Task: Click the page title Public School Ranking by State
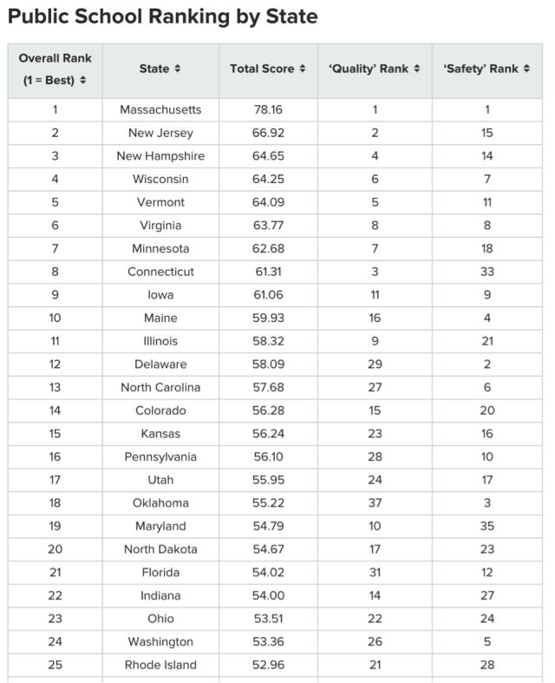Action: tap(162, 16)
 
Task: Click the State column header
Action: tap(160, 69)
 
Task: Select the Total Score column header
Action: tap(268, 69)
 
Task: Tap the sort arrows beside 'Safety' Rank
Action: tap(526, 69)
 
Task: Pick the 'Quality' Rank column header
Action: tap(375, 69)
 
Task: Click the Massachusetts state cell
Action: tap(160, 110)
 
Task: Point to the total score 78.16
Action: tap(268, 110)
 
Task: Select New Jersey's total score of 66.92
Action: tap(268, 133)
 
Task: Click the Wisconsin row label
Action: tap(160, 179)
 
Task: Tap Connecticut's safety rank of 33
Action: tap(487, 272)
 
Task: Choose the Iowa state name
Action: tap(160, 295)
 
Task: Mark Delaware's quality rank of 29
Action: tap(375, 364)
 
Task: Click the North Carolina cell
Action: tap(160, 387)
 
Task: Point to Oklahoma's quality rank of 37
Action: tap(375, 503)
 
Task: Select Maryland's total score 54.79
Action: tap(268, 526)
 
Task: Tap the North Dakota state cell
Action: tap(160, 549)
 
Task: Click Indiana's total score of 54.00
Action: tap(268, 595)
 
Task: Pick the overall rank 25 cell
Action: tap(55, 665)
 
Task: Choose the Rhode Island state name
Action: tap(160, 665)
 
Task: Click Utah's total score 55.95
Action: tap(268, 480)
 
